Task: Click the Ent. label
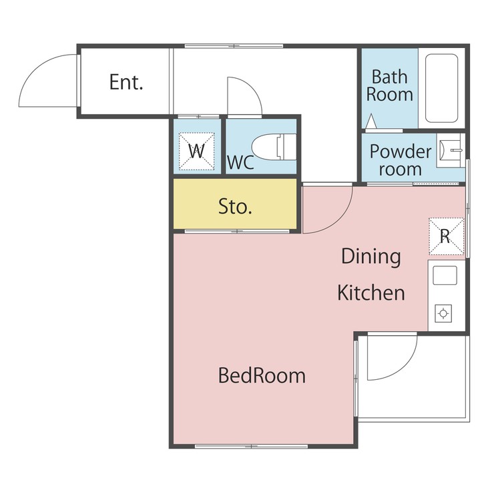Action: pyautogui.click(x=126, y=82)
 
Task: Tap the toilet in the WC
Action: pyautogui.click(x=274, y=147)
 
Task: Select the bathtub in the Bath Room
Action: pyautogui.click(x=441, y=88)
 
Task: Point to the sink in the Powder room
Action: pyautogui.click(x=450, y=150)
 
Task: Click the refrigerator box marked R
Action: pyautogui.click(x=446, y=236)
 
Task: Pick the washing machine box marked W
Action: pyautogui.click(x=196, y=152)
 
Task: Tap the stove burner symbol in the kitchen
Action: pyautogui.click(x=443, y=313)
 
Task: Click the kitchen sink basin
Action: pyautogui.click(x=445, y=275)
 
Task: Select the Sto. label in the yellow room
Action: pyautogui.click(x=235, y=206)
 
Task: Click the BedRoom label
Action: pyautogui.click(x=262, y=375)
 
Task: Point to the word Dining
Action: pyautogui.click(x=371, y=257)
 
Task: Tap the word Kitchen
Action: pyautogui.click(x=371, y=292)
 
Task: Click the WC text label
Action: pyautogui.click(x=240, y=162)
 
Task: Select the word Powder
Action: pyautogui.click(x=401, y=152)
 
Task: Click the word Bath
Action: pyautogui.click(x=390, y=77)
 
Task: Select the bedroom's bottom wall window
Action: pyautogui.click(x=251, y=446)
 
